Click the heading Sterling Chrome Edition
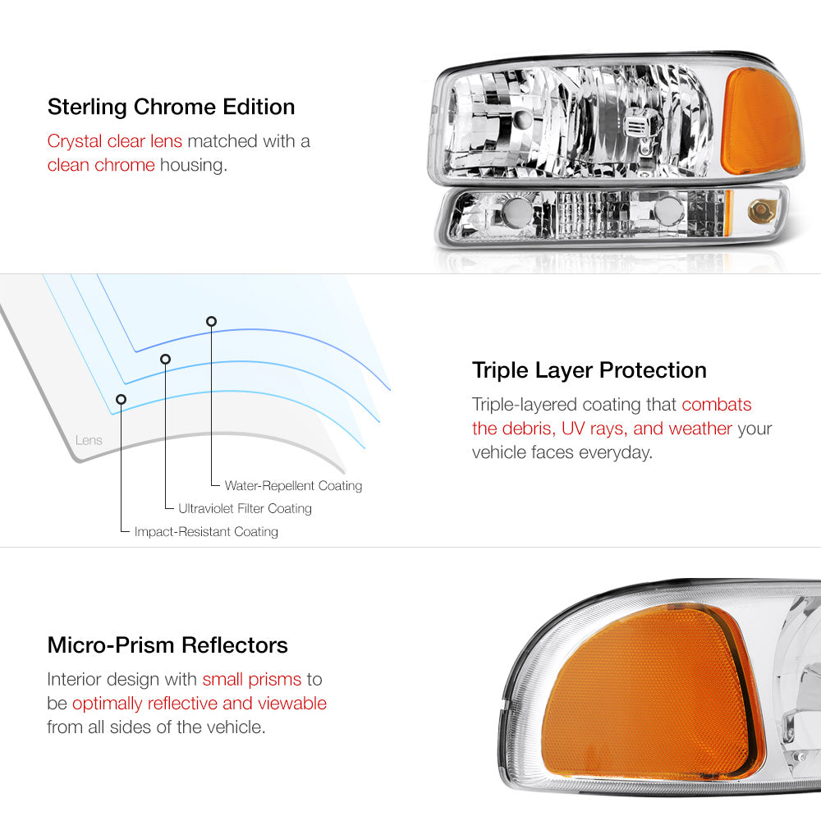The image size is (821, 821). click(172, 108)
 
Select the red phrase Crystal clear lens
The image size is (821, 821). click(115, 141)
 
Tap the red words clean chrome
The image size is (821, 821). click(101, 165)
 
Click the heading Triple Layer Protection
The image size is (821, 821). click(589, 371)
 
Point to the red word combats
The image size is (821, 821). click(716, 404)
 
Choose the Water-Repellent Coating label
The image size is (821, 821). click(293, 486)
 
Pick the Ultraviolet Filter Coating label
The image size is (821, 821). click(245, 508)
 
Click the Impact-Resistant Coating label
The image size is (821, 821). click(206, 531)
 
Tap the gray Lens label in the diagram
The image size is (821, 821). click(89, 440)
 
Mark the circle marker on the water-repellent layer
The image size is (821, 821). click(211, 321)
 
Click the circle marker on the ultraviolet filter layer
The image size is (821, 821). click(166, 359)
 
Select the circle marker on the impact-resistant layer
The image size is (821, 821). click(121, 400)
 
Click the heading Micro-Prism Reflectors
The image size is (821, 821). click(167, 645)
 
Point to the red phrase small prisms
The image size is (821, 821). click(252, 679)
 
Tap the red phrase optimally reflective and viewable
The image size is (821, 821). click(200, 704)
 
